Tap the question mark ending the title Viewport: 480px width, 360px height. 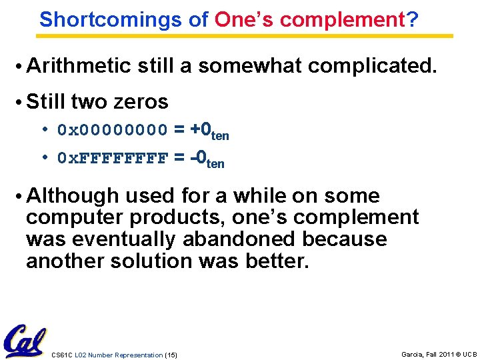click(x=413, y=19)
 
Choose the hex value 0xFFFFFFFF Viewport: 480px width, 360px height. click(x=113, y=158)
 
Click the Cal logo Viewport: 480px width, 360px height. click(x=25, y=341)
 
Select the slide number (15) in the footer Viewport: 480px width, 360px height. click(x=171, y=355)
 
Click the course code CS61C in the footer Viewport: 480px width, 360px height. click(x=61, y=355)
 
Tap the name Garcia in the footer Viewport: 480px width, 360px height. click(x=413, y=355)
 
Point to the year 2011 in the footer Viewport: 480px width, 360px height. click(x=447, y=355)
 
